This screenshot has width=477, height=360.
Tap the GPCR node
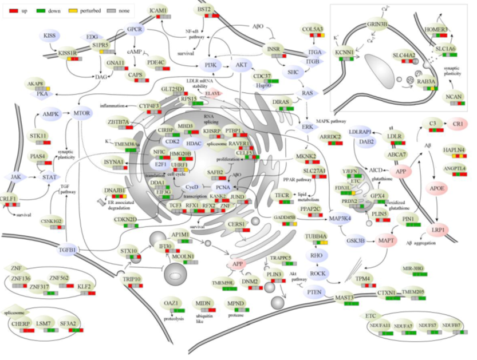tap(134, 29)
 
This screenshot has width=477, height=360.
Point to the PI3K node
tap(210, 66)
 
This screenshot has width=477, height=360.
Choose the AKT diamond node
tap(241, 66)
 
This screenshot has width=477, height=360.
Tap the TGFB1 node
tap(68, 250)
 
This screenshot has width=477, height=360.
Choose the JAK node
tap(15, 177)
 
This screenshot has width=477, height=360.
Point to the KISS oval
tap(50, 35)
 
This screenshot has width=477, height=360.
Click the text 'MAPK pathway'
tap(332, 122)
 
